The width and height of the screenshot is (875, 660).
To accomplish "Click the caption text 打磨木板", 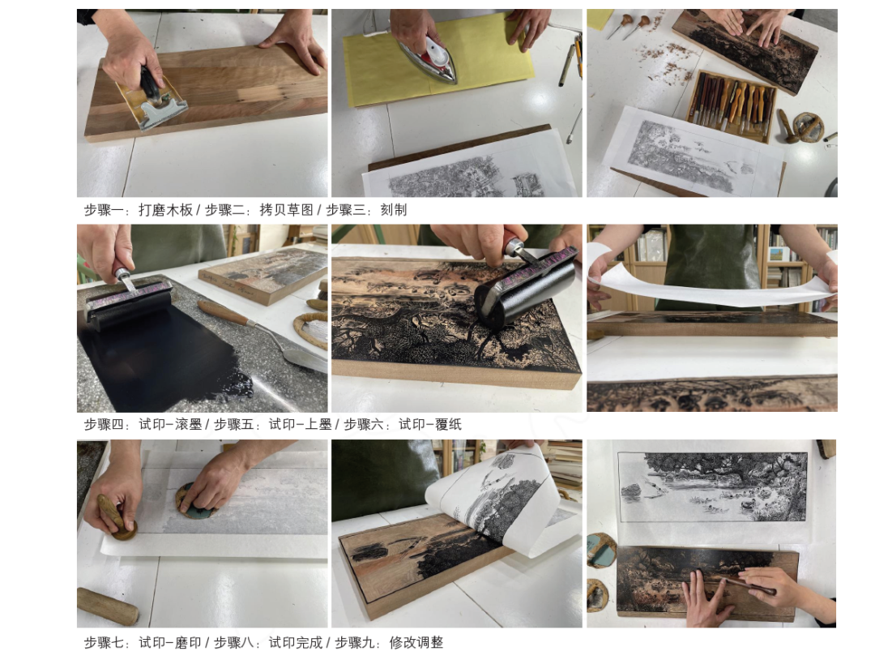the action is click(x=166, y=210).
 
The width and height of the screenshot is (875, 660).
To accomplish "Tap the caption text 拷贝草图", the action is click(x=287, y=210).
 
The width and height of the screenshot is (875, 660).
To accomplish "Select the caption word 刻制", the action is click(x=394, y=210).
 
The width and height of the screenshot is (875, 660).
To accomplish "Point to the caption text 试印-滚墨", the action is click(x=170, y=424).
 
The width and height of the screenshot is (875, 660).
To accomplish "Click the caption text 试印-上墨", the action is click(x=301, y=424).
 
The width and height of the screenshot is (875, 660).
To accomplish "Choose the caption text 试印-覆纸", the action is click(x=429, y=424).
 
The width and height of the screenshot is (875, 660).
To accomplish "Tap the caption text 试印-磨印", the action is click(x=170, y=643).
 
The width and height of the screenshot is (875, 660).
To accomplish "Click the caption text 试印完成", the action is click(x=296, y=643).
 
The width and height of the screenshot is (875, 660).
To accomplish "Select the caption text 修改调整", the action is click(x=416, y=643).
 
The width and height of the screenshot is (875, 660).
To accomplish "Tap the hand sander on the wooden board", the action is click(x=153, y=100).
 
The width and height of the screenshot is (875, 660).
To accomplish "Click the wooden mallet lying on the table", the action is click(x=109, y=606).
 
